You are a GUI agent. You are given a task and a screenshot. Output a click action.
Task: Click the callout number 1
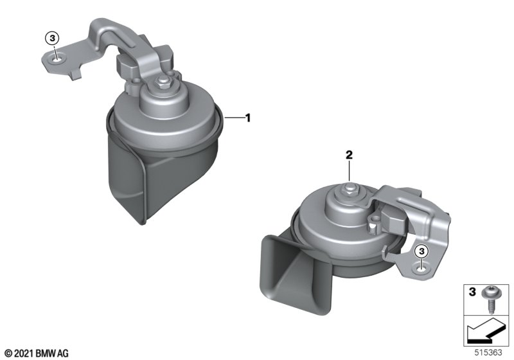[248, 118]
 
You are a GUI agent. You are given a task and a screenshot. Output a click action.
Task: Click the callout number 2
[349, 155]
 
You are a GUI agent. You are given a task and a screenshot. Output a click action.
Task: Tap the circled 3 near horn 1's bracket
[52, 39]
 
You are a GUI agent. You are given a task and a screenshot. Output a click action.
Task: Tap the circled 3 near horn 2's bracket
[421, 251]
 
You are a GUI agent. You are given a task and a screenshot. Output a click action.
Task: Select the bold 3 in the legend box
[472, 292]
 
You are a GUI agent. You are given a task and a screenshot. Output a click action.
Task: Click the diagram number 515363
[488, 353]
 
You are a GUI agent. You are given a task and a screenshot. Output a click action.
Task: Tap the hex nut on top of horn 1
[163, 82]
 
